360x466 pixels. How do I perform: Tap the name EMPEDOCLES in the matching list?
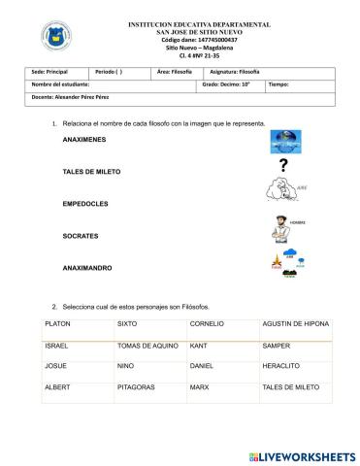[x=84, y=205]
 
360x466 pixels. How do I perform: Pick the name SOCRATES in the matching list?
[x=80, y=236]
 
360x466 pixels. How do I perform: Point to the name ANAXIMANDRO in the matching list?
[x=88, y=268]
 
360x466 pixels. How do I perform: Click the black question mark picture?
[x=282, y=166]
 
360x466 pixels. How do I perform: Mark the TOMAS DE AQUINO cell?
[x=144, y=345]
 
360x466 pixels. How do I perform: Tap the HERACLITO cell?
[x=279, y=366]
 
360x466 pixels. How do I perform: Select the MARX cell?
[x=200, y=386]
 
